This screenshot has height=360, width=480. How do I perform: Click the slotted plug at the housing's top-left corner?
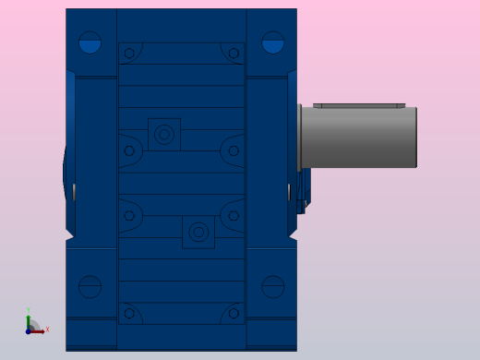tap(90, 42)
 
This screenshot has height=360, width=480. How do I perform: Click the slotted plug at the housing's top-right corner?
tap(273, 42)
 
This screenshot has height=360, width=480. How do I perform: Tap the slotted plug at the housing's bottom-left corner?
tap(90, 287)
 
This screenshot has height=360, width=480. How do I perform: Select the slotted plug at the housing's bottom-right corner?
tap(273, 287)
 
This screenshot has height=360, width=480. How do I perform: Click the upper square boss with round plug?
tap(164, 135)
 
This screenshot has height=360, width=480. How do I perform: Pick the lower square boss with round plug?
tap(198, 233)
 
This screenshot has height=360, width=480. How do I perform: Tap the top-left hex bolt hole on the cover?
tap(129, 54)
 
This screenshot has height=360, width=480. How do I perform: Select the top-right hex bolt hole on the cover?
tap(234, 54)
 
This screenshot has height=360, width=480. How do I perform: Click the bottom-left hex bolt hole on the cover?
tap(129, 314)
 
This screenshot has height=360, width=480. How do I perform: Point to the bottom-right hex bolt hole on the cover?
tap(234, 314)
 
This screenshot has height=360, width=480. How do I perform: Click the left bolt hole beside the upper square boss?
tap(129, 150)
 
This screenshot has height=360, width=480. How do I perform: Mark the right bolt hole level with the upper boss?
tap(234, 150)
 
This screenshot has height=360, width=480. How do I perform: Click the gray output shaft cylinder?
tap(360, 138)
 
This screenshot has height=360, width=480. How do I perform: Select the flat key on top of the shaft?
tap(359, 105)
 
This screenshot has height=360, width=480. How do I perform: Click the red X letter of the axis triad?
tap(47, 330)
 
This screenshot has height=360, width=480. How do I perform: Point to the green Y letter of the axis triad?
tap(29, 311)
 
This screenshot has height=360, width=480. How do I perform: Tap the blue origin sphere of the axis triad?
tap(29, 330)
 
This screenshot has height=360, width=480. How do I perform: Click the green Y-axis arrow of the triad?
tap(29, 321)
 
